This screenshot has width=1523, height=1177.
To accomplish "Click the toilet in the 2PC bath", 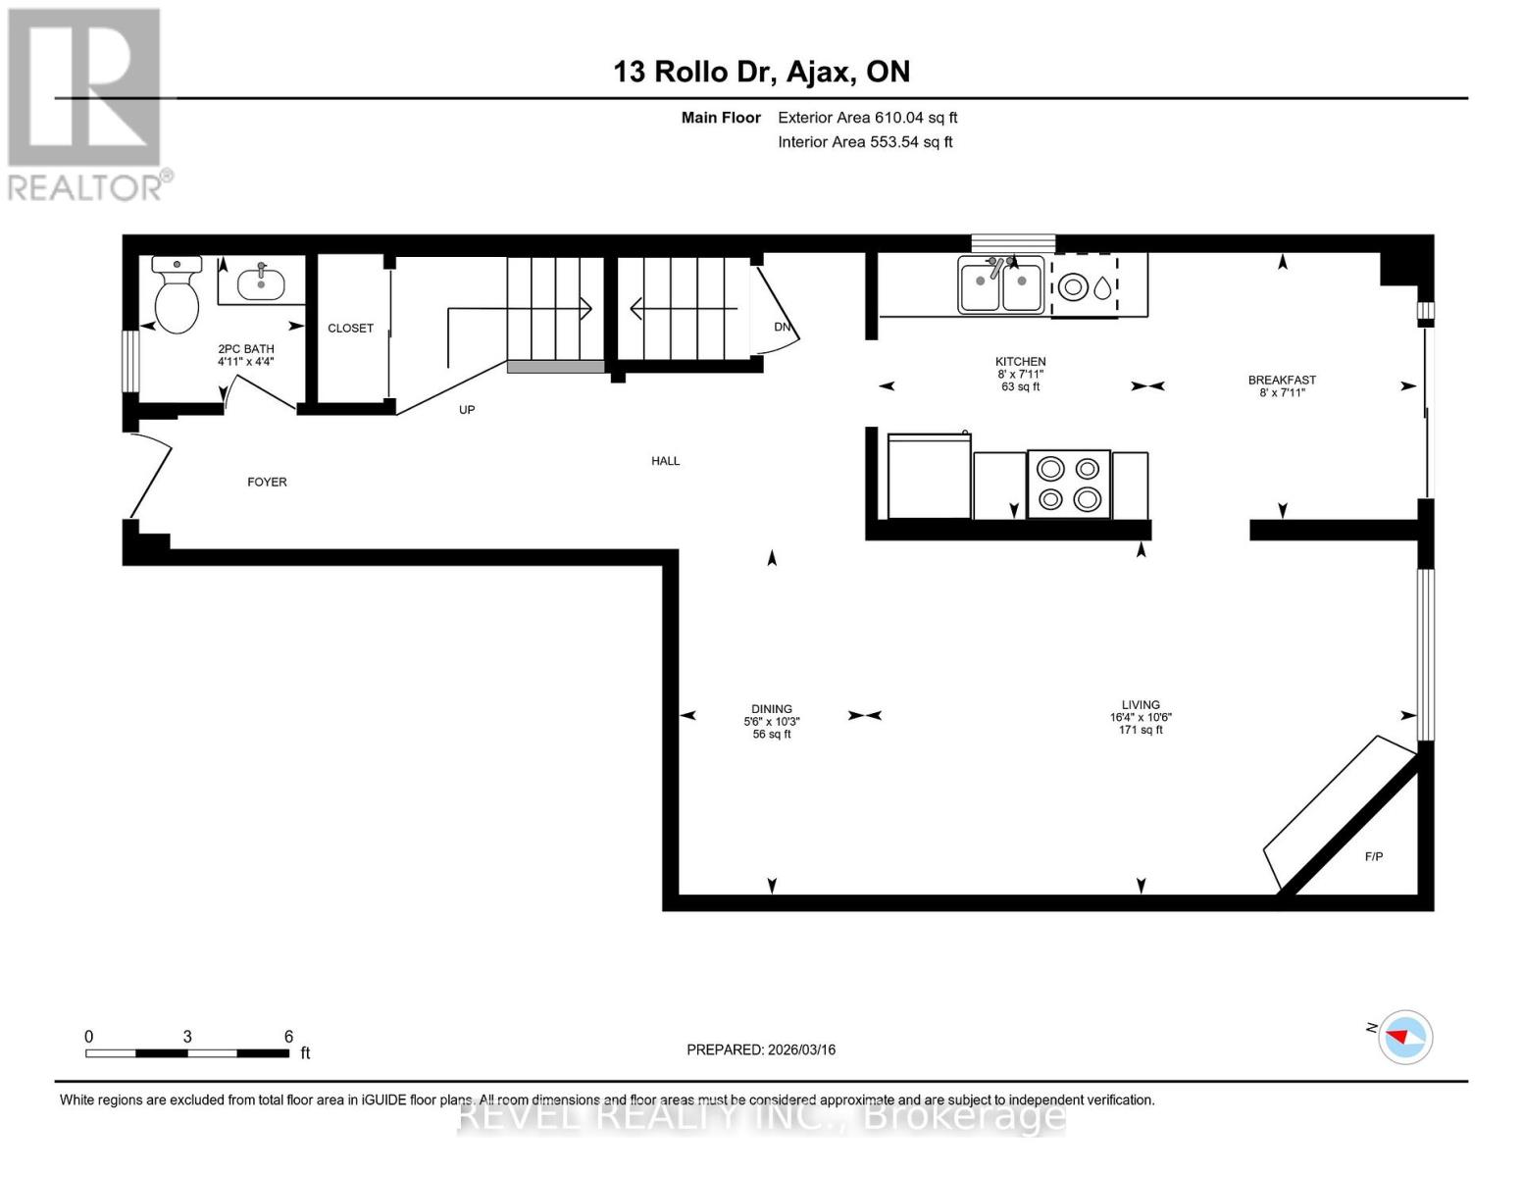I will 177,296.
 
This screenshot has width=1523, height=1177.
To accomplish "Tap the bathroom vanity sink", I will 261,283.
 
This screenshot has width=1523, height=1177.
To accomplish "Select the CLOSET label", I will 350,329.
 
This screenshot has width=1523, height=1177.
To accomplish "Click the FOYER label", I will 267,483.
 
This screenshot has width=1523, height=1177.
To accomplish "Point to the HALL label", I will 665,461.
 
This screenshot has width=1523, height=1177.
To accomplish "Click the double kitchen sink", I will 1000,286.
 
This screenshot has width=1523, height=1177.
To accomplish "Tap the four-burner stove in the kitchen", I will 1068,485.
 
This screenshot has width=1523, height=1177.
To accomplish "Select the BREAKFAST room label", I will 1282,381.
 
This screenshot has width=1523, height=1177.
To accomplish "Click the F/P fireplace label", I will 1374,857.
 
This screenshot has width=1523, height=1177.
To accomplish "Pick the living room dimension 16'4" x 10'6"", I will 1141,717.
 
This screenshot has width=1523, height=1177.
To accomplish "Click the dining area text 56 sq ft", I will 772,735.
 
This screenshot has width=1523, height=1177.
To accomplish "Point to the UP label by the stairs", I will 467,410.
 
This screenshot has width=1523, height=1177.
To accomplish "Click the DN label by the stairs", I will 782,328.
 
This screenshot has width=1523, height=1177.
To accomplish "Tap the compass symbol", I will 1404,1037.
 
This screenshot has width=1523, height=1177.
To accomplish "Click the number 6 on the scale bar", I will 288,1037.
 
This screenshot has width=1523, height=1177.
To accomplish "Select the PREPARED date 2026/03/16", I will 761,1049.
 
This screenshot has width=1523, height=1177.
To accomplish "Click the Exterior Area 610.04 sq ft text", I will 867,118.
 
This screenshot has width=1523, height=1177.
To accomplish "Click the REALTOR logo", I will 87,103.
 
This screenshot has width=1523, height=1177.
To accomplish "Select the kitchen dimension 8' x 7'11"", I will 1020,374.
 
